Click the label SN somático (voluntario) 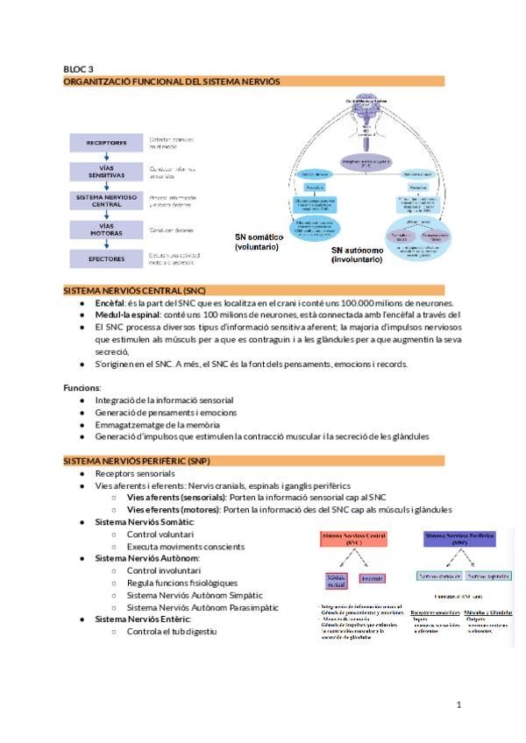click(257, 243)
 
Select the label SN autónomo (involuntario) click(356, 255)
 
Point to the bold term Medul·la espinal click(127, 315)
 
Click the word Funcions click(82, 387)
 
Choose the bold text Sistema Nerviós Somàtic click(144, 521)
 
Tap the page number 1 click(458, 704)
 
